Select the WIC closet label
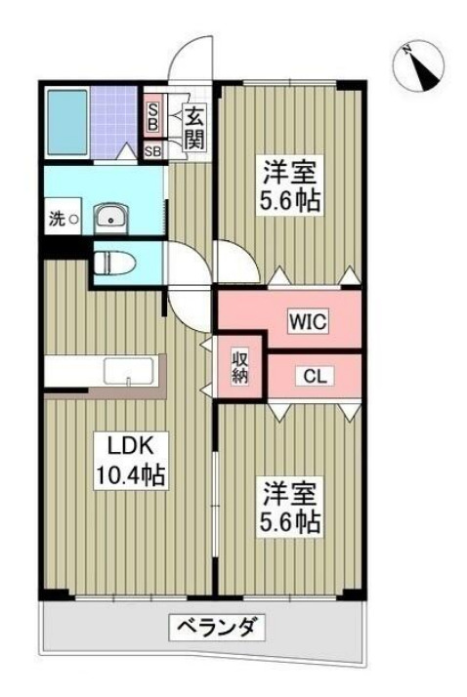[306, 320]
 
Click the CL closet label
[314, 375]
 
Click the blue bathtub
[67, 120]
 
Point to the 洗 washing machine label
[57, 219]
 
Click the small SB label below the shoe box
[153, 151]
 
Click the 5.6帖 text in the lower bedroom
[289, 522]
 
